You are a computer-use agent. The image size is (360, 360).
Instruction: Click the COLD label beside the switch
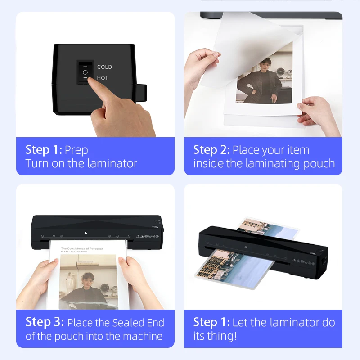[x=104, y=67]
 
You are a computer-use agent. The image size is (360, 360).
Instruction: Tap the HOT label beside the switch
[x=103, y=78]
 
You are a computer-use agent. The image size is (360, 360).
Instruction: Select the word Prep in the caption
[x=76, y=150]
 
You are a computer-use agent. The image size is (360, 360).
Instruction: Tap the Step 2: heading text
[x=211, y=150]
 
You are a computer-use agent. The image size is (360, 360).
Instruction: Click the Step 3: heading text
[x=44, y=322]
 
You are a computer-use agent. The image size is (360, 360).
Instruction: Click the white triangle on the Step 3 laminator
[x=85, y=233]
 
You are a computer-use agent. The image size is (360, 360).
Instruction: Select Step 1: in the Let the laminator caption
[x=211, y=322]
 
